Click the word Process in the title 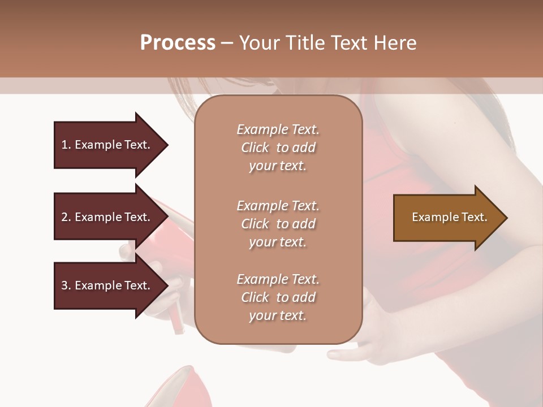click(x=178, y=43)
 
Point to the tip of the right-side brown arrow click(x=507, y=218)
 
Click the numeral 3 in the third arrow click(x=64, y=285)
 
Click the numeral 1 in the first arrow click(x=64, y=145)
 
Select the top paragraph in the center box click(x=278, y=148)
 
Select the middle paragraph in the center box click(x=278, y=224)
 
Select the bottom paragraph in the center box click(x=278, y=297)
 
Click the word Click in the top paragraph click(x=255, y=148)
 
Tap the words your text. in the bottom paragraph click(x=278, y=315)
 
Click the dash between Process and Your click(x=227, y=43)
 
